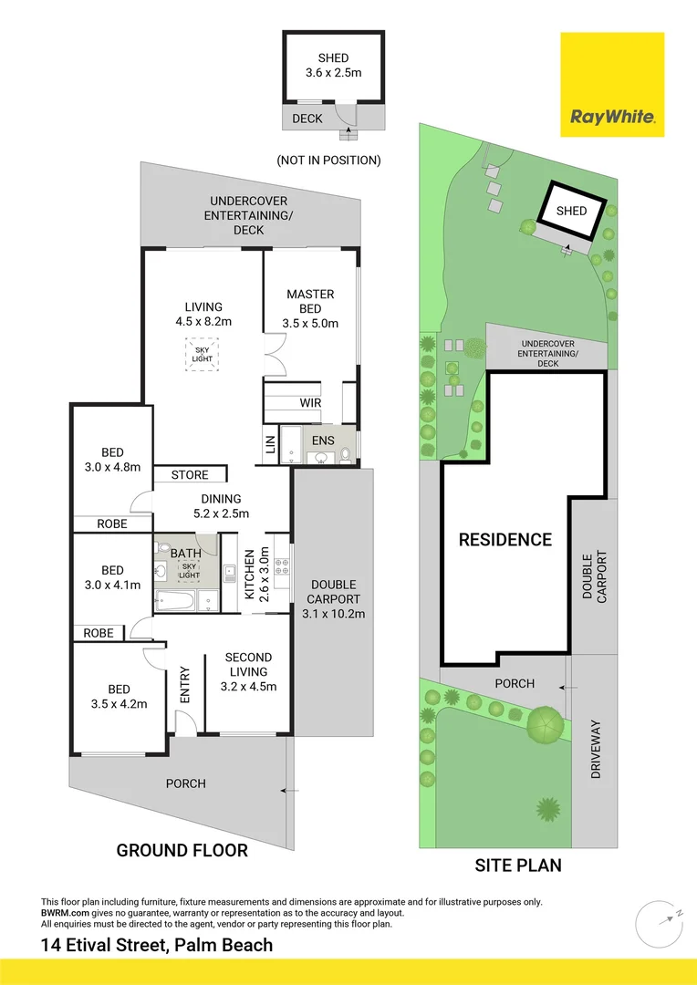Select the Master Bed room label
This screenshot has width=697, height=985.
click(x=310, y=308)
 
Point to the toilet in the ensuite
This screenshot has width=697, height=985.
click(x=346, y=455)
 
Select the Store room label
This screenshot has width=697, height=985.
click(x=190, y=475)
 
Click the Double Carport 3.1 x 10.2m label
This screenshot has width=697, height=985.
click(x=333, y=599)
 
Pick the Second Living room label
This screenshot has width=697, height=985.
click(x=248, y=672)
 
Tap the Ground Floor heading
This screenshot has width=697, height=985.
click(x=182, y=851)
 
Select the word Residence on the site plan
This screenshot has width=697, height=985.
click(x=505, y=539)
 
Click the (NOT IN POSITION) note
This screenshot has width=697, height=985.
click(x=328, y=161)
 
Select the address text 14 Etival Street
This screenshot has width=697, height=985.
click(x=157, y=945)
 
